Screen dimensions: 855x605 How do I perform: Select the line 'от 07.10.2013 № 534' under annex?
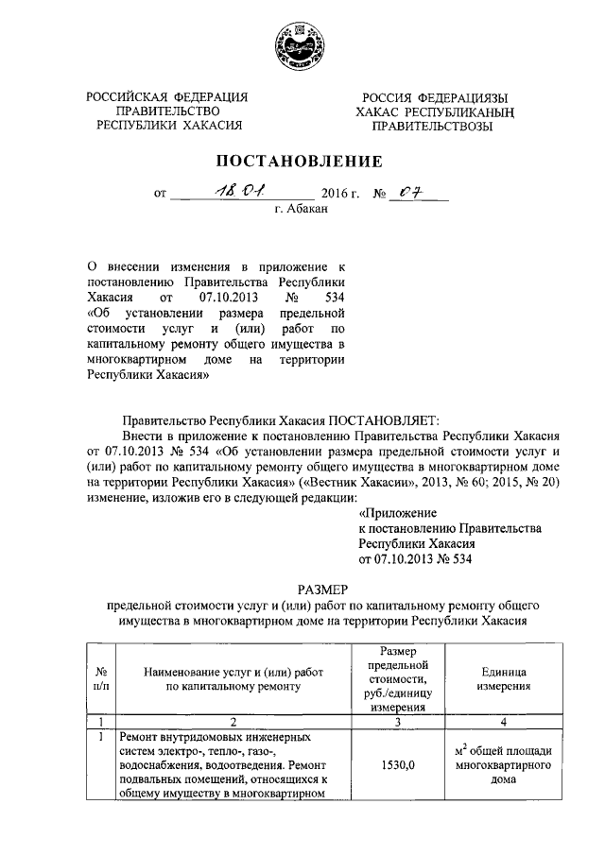415,559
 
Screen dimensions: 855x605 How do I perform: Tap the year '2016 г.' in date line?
342,194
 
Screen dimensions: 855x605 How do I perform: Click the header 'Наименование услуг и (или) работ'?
233,672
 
